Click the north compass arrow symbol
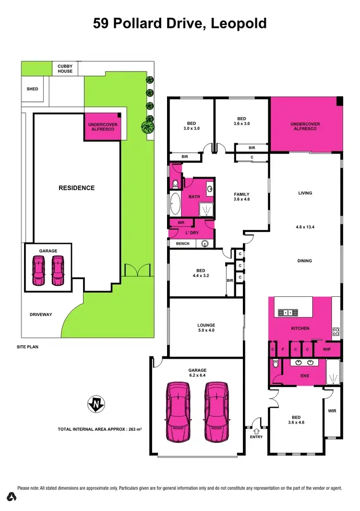coord(96,404)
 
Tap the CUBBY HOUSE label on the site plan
coord(65,69)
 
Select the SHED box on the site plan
coord(32,89)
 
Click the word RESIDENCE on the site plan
coord(77,188)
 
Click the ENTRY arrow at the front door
coord(256,431)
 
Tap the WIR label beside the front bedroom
coord(332,411)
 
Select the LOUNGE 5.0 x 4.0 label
coord(206,328)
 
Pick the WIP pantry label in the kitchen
coord(327,349)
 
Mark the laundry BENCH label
coord(182,243)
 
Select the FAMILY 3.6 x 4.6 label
coord(241,196)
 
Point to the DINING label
coord(305,261)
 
